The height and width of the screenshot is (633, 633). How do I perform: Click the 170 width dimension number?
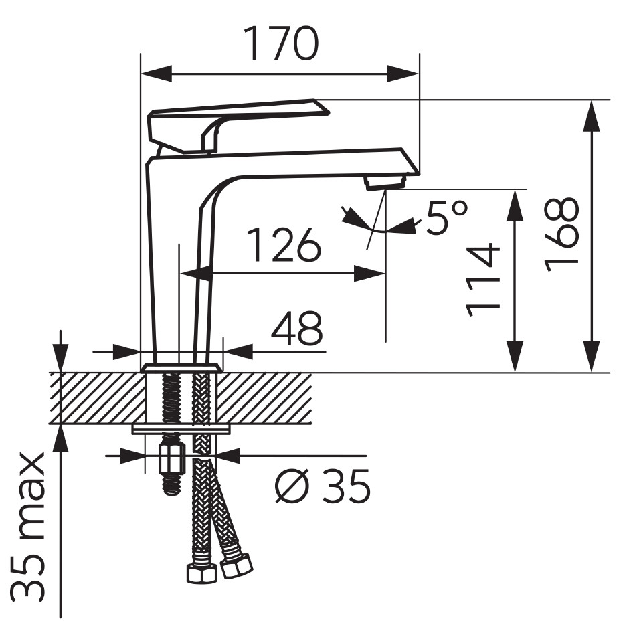pos(282,43)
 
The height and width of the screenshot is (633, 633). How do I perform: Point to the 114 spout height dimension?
pos(483,280)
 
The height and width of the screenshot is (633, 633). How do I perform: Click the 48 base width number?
pos(297,328)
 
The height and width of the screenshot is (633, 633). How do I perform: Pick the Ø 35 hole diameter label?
pos(322,486)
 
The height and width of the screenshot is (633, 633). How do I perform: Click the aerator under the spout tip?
pos(385,183)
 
